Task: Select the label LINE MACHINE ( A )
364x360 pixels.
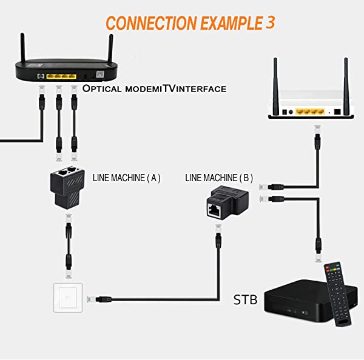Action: coord(126,178)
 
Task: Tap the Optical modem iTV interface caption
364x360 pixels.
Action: coord(154,88)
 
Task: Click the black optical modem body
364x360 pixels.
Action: coord(64,72)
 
